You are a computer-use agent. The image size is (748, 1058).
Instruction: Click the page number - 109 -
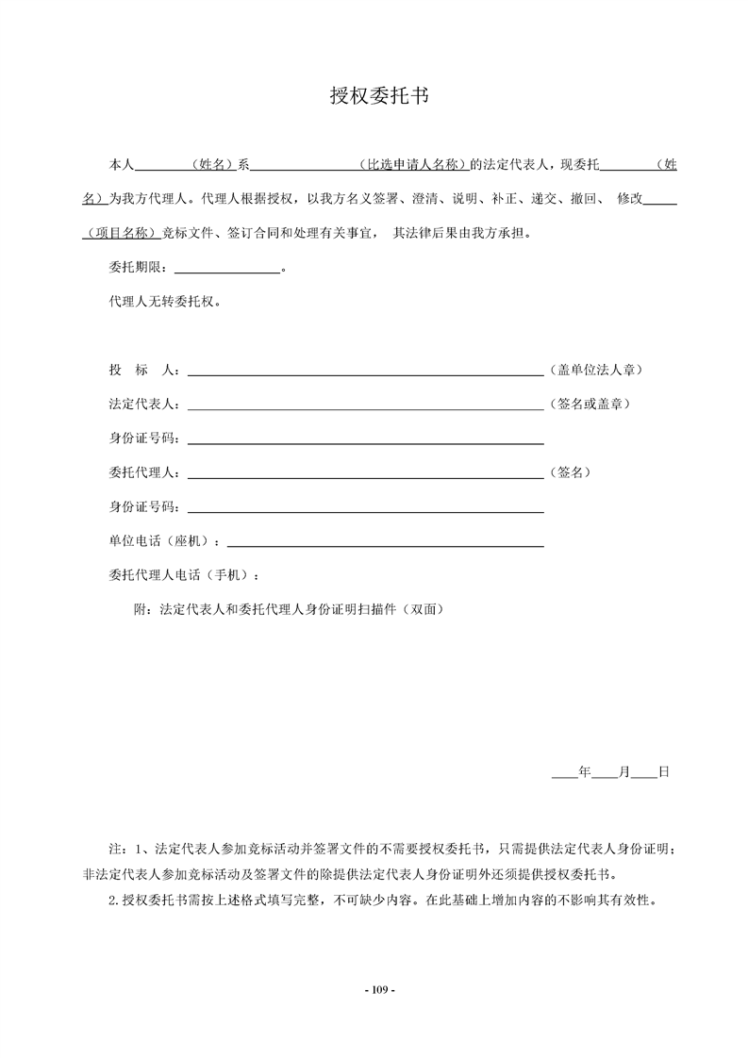click(374, 989)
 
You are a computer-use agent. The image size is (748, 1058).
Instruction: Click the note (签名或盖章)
click(590, 404)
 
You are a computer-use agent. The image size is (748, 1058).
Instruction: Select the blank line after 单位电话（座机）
click(386, 545)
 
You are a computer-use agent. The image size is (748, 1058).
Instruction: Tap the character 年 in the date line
click(584, 771)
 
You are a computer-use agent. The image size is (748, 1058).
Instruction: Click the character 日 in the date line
click(663, 771)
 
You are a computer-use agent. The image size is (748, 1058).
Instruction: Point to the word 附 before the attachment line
click(144, 609)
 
